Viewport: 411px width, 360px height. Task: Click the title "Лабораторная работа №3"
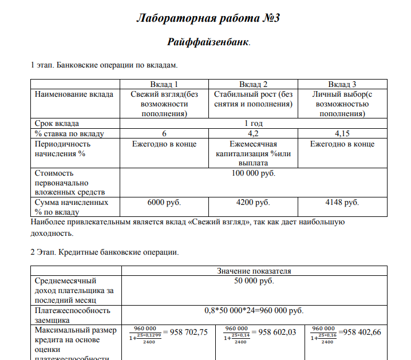(208, 18)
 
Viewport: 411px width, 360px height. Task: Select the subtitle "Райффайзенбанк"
(208, 42)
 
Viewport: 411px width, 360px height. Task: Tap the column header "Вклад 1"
(164, 84)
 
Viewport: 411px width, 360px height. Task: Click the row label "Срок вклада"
(57, 123)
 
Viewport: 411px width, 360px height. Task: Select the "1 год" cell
(253, 123)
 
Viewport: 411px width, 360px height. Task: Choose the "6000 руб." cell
(164, 202)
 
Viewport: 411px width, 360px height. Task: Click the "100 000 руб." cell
(253, 172)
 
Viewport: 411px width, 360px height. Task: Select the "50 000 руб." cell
(254, 281)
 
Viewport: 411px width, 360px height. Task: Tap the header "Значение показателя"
(254, 271)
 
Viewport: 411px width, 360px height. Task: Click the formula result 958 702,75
(185, 332)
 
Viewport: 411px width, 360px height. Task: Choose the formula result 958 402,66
(360, 332)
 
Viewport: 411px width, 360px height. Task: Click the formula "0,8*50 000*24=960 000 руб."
(254, 311)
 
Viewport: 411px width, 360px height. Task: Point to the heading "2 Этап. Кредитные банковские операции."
(105, 252)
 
